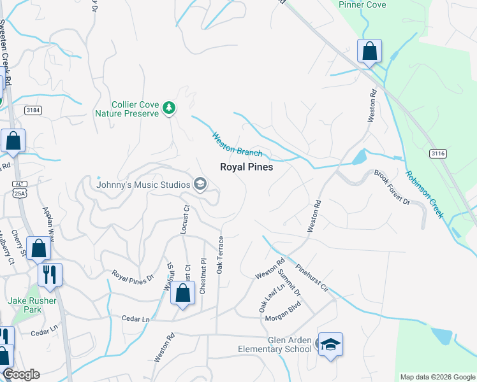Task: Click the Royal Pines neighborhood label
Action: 246,167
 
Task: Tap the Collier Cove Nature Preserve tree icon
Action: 169,108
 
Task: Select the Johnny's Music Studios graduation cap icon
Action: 200,185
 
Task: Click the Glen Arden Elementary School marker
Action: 330,344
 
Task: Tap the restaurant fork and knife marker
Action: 50,275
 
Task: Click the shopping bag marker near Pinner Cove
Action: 369,51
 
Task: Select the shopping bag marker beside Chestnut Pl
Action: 183,294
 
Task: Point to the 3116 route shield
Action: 437,153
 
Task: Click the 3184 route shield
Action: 33,110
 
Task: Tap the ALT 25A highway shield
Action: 19,188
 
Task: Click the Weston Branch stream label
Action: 237,144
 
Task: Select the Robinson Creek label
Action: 425,194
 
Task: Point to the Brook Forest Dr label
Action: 392,187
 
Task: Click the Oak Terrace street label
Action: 220,255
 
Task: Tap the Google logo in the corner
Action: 21,374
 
